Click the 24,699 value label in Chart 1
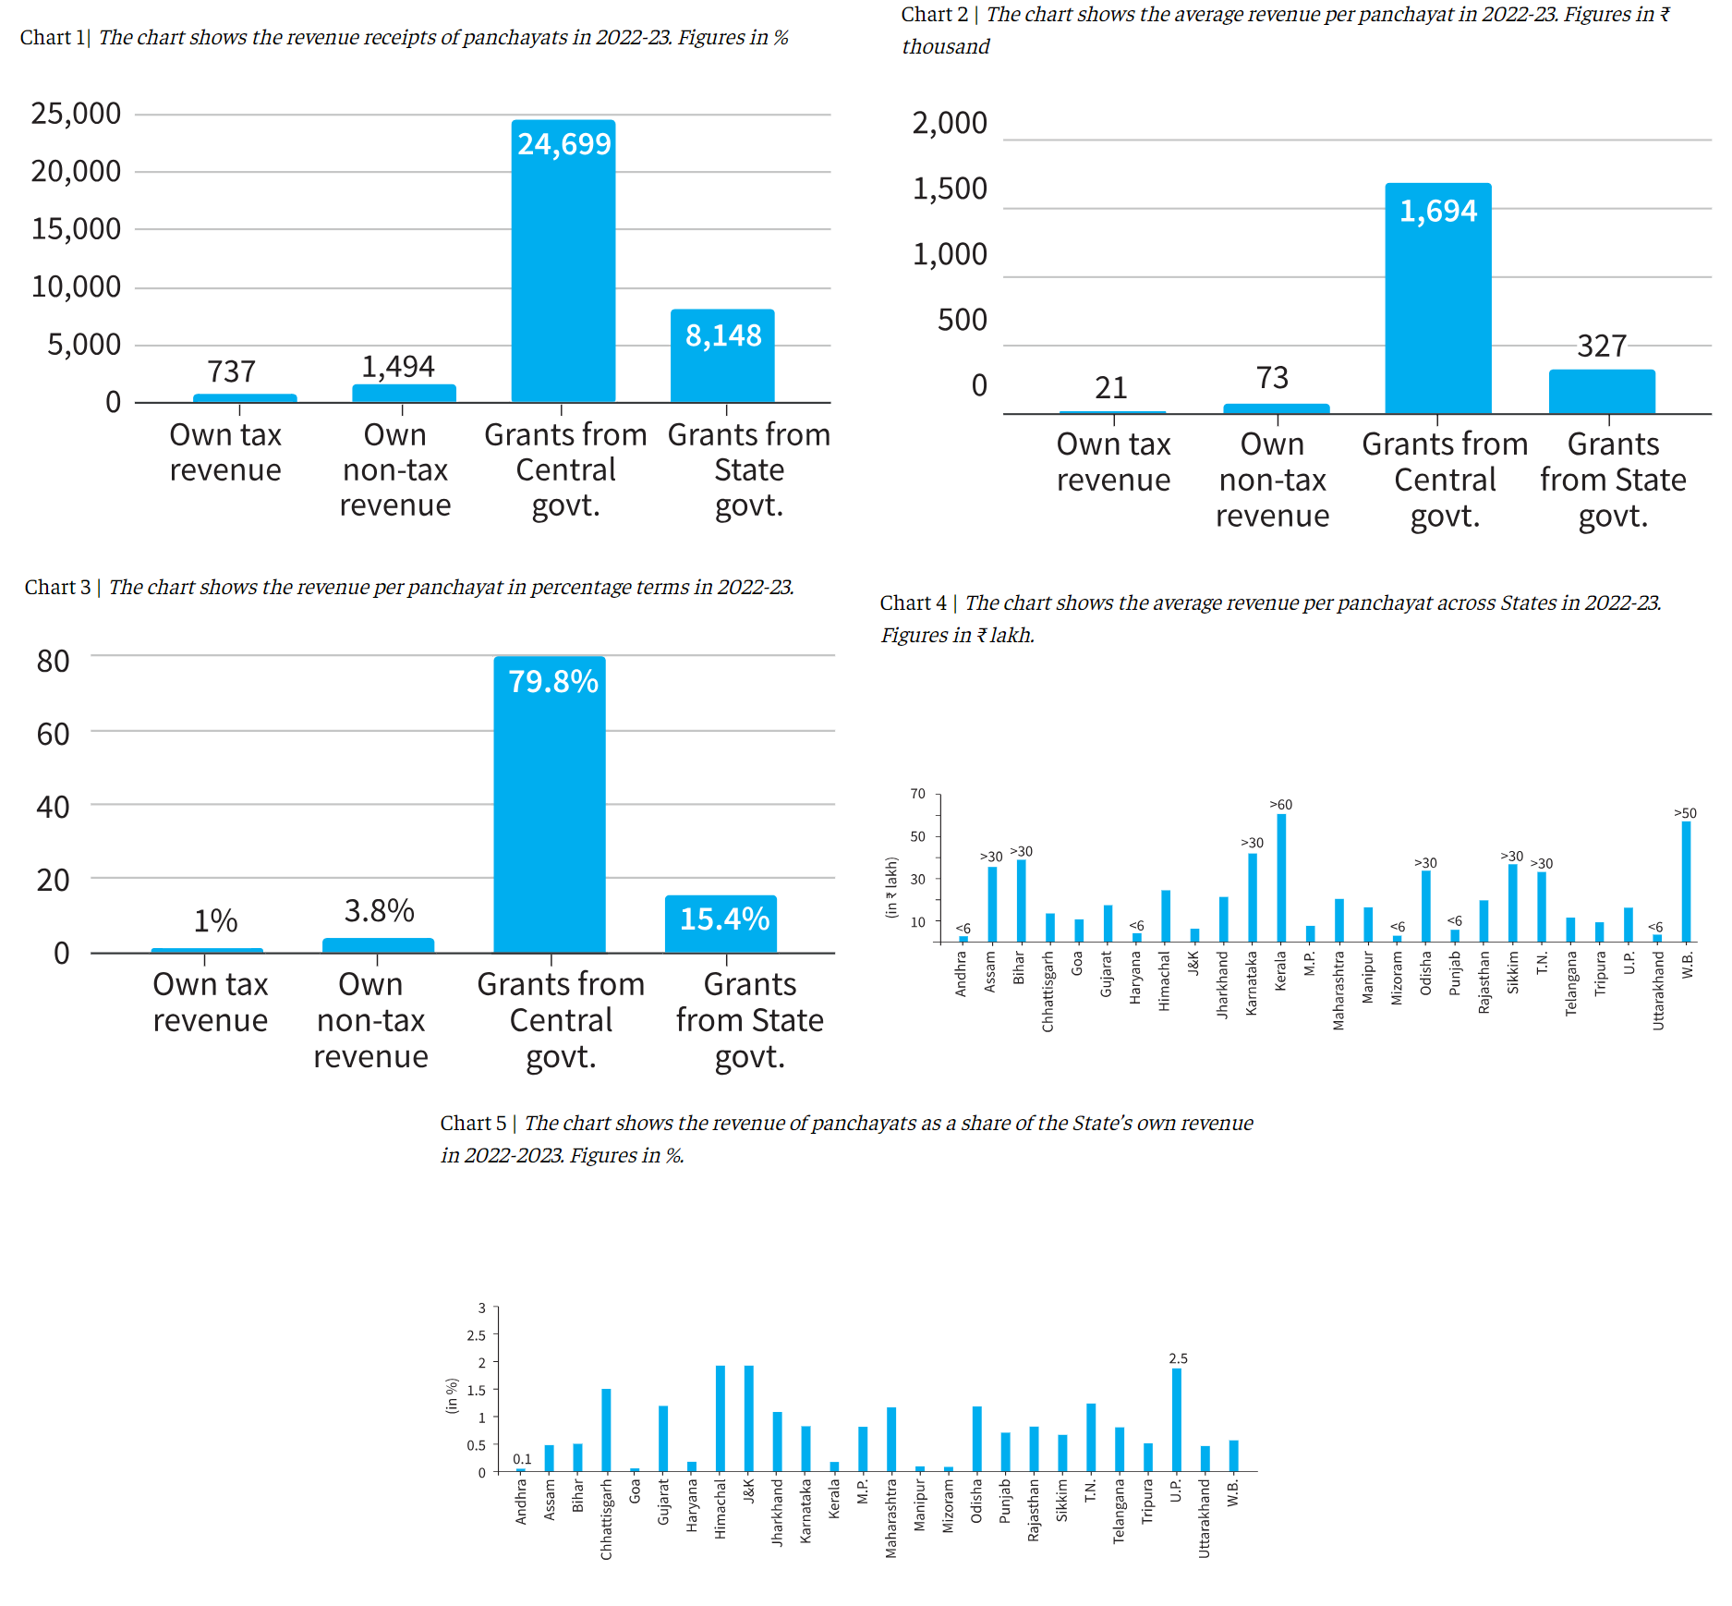(x=563, y=144)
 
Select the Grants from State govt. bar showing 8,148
(x=722, y=360)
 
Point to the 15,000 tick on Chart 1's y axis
(x=76, y=229)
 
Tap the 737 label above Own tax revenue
(x=231, y=371)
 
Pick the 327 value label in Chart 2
(x=1601, y=346)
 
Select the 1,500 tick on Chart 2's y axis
(x=950, y=189)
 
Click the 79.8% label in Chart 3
(x=553, y=682)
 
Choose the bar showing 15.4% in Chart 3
(x=721, y=924)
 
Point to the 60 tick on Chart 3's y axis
(x=53, y=734)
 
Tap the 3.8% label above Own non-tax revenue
(x=379, y=911)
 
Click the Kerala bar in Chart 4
(x=1281, y=878)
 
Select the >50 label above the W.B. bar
(x=1685, y=813)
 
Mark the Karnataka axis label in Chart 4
(x=1252, y=983)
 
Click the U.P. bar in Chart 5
(x=1177, y=1419)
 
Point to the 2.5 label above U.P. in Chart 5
(x=1178, y=1358)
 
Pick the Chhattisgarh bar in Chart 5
(x=606, y=1430)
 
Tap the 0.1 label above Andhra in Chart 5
(x=522, y=1459)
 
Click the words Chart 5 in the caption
(x=473, y=1124)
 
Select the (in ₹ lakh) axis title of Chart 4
(x=891, y=887)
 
